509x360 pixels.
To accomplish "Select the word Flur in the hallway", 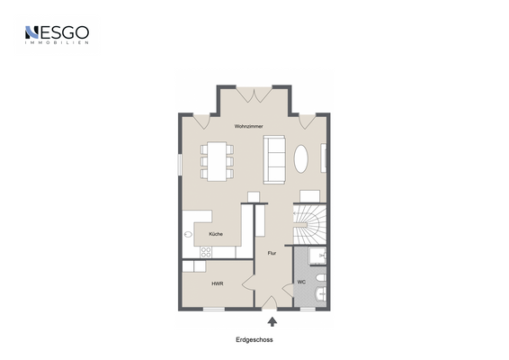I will [x=272, y=253].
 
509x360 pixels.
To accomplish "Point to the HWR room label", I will [x=218, y=283].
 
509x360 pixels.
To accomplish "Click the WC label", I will [x=301, y=282].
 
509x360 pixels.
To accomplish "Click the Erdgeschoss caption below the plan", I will [x=254, y=339].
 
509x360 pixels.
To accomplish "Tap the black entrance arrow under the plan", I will [x=272, y=319].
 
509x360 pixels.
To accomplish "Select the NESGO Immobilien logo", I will [x=57, y=35].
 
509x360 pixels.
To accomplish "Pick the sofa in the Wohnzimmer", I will [x=274, y=157].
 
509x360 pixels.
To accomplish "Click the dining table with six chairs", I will [x=216, y=160].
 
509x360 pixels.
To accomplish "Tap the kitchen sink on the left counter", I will [x=189, y=235].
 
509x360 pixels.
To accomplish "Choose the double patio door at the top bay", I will [x=254, y=93].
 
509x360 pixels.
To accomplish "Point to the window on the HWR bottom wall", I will [x=213, y=309].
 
